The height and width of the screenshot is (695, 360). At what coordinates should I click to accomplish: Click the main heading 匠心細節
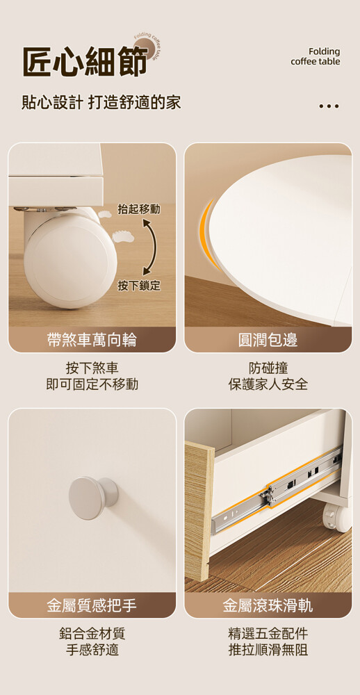85,61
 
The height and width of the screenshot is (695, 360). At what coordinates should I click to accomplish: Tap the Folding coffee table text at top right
316,57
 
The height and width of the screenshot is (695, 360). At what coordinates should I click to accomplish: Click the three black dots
329,106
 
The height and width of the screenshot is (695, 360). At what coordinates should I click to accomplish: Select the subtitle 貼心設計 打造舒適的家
101,102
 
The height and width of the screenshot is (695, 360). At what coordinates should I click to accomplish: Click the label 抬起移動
139,209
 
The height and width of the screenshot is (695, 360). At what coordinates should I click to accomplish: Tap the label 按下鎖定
139,286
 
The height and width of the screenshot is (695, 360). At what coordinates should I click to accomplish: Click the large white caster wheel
71,259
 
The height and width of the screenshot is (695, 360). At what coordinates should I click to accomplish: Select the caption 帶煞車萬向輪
92,340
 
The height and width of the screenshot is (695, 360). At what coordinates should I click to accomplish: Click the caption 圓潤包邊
268,340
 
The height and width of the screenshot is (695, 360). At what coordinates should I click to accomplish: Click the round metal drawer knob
93,498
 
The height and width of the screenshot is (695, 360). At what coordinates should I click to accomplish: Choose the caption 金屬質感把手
92,605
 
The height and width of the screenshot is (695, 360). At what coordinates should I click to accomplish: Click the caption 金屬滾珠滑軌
268,605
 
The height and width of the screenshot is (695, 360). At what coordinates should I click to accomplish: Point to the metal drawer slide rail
277,491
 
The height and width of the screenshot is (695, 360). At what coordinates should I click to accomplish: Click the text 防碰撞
268,368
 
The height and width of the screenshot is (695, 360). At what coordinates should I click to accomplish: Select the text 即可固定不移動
92,384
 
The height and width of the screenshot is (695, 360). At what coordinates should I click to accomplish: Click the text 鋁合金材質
92,633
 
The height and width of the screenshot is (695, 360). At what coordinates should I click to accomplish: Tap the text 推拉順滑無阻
268,650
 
